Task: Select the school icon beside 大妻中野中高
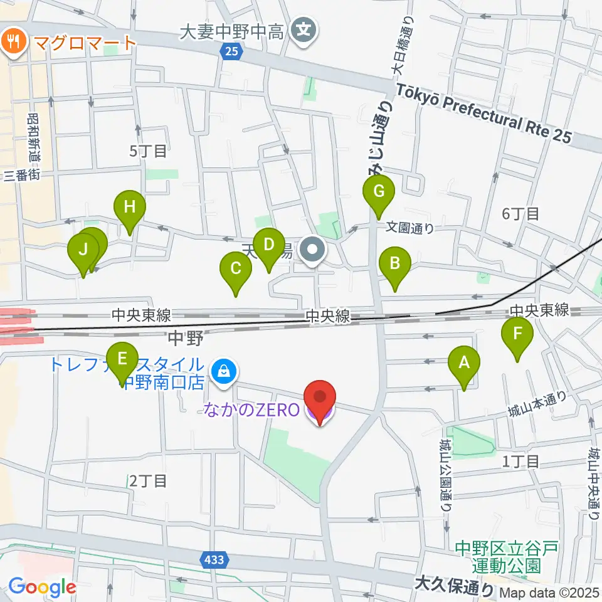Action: [304, 29]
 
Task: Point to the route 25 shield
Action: [231, 52]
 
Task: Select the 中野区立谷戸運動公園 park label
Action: [506, 557]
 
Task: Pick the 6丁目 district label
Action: [520, 214]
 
